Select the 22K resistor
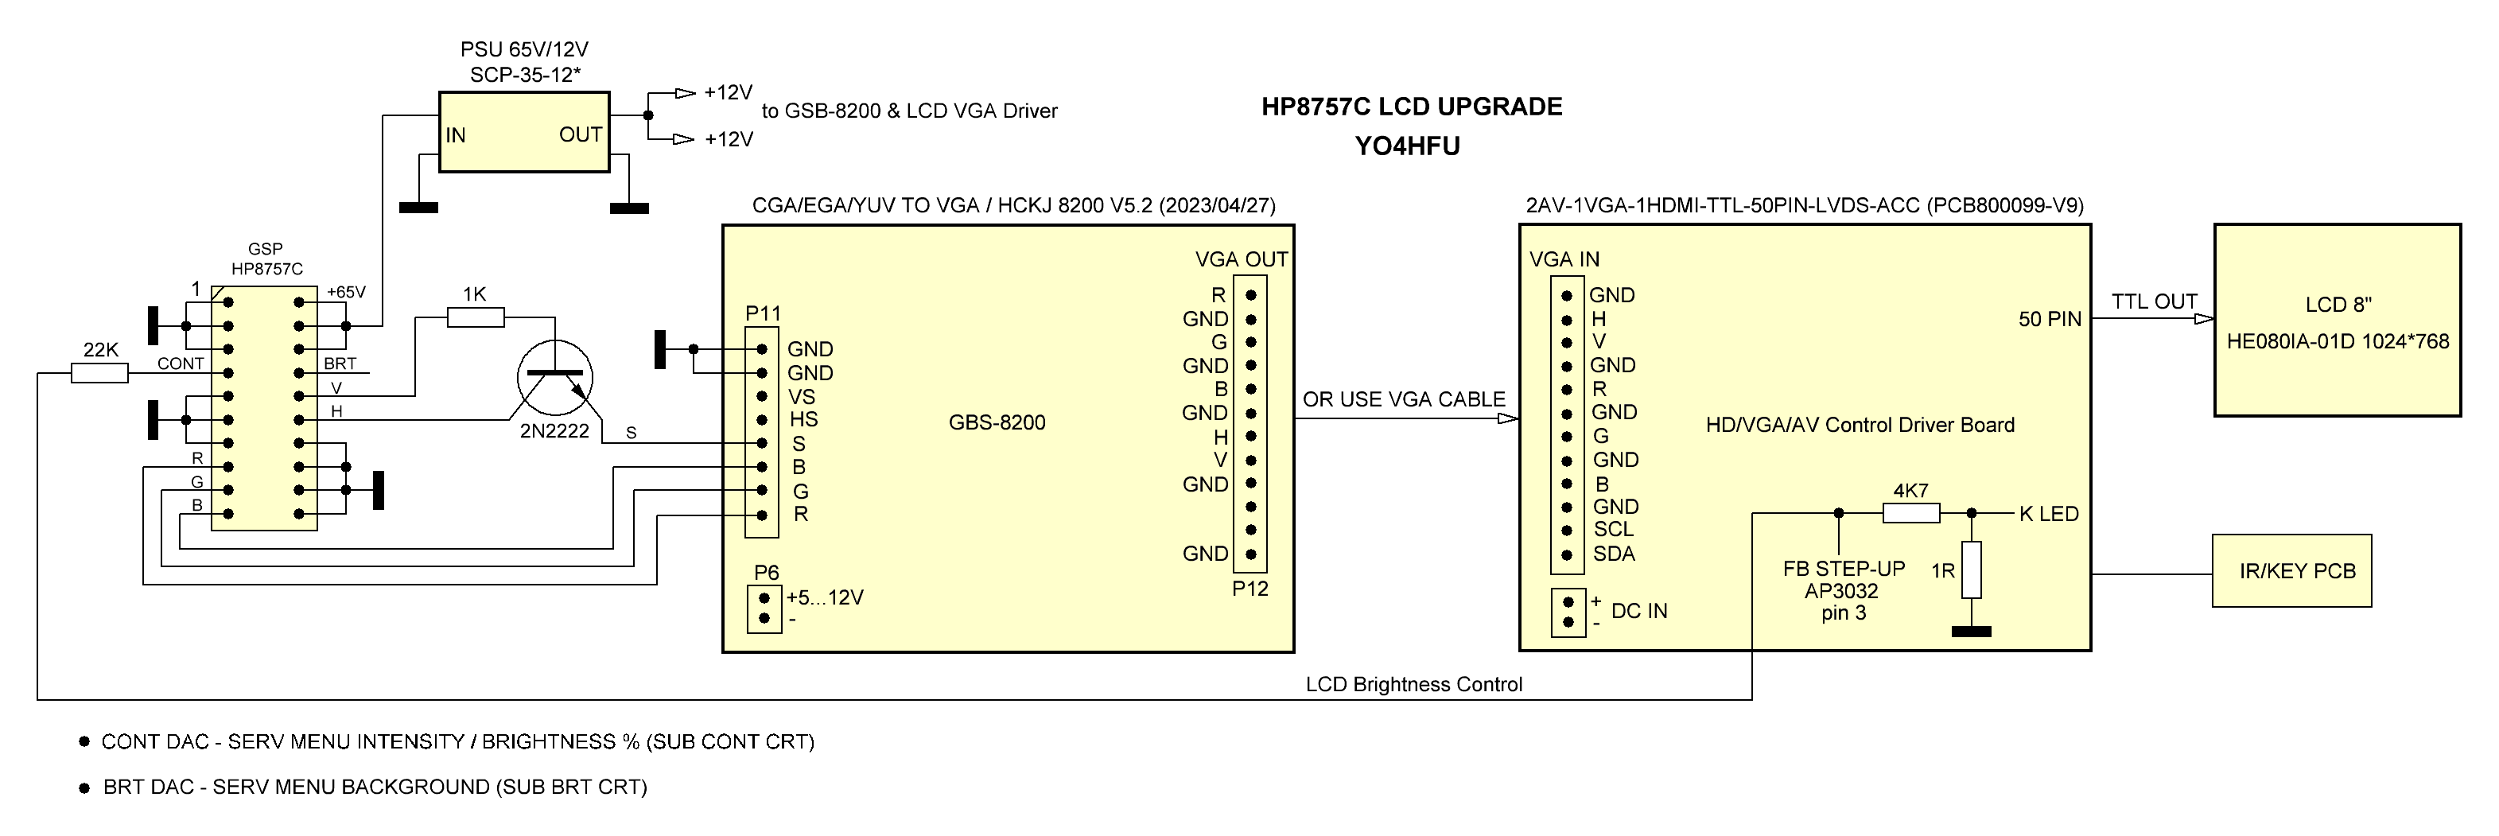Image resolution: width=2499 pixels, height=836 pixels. tap(100, 373)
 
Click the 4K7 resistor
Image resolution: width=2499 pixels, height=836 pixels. tap(1911, 513)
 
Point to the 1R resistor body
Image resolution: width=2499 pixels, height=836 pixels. tap(1971, 570)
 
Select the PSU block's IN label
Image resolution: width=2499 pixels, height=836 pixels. tap(456, 136)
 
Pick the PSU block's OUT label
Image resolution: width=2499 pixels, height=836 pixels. tap(580, 134)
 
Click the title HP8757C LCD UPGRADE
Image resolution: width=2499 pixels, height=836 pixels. tap(1412, 107)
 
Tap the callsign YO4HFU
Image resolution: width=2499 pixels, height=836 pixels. tap(1407, 146)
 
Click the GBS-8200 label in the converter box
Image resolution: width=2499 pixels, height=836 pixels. tap(997, 423)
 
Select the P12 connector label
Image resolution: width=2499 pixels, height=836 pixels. tap(1250, 589)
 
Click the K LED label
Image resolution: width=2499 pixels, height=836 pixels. tap(2049, 514)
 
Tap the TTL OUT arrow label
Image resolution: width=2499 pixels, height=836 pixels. tap(2154, 301)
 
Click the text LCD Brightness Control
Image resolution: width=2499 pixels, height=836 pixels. tap(1413, 685)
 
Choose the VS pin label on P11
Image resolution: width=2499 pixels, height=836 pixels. tap(801, 397)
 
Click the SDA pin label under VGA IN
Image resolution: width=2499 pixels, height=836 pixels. tap(1615, 554)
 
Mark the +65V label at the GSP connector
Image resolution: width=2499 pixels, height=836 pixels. tap(346, 292)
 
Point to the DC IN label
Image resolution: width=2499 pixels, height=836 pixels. tap(1638, 611)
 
